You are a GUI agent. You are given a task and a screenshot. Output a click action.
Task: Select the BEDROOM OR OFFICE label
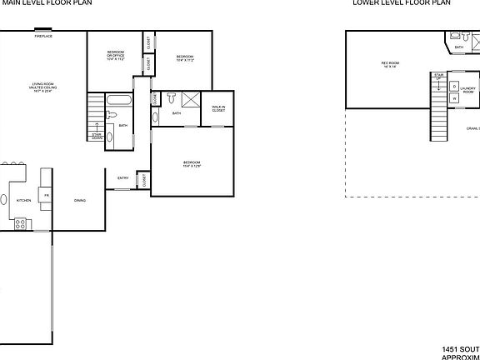[x=115, y=57]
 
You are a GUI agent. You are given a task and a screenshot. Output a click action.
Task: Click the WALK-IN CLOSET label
[x=218, y=108]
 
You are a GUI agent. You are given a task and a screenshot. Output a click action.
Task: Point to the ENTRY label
[x=122, y=177]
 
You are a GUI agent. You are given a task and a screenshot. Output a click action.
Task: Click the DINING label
[x=80, y=200]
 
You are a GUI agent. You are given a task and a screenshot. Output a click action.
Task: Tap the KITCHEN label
[x=23, y=200]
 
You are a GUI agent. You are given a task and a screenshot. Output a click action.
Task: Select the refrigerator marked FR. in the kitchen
[x=47, y=195]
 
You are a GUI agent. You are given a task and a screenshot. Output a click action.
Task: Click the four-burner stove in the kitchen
[x=21, y=223]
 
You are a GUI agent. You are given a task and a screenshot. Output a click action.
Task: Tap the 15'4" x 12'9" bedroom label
[x=192, y=163]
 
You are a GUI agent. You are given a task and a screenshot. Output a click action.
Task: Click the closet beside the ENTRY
[x=143, y=179]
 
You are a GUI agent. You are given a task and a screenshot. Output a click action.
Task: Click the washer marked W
[x=454, y=98]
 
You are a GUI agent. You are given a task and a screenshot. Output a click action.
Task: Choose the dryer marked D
[x=454, y=87]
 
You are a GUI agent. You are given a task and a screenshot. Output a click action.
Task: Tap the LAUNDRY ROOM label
[x=468, y=89]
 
